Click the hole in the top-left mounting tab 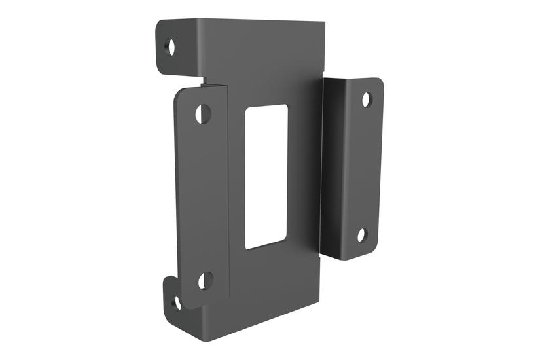click(x=171, y=47)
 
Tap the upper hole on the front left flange click(x=203, y=114)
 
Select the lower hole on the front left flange click(x=205, y=280)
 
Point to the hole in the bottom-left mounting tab click(x=177, y=302)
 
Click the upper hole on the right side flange click(x=367, y=99)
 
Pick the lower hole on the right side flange click(x=362, y=236)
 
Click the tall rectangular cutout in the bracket click(x=266, y=177)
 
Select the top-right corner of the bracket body click(x=324, y=22)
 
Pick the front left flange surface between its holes click(x=203, y=196)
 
